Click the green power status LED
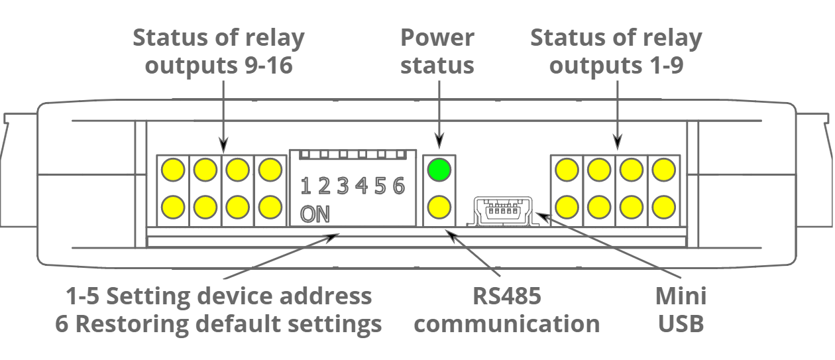click(x=438, y=170)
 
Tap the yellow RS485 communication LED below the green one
click(x=438, y=208)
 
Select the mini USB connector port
click(x=502, y=212)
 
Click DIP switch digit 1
click(x=306, y=186)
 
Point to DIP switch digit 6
click(x=398, y=186)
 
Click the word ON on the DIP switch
click(x=314, y=214)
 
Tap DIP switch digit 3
click(x=343, y=186)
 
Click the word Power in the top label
click(x=437, y=38)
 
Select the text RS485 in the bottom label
click(x=507, y=296)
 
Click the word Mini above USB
click(x=681, y=296)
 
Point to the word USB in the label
click(x=681, y=324)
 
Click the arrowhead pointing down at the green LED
click(x=438, y=141)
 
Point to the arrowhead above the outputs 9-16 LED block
click(x=223, y=144)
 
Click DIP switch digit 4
click(x=361, y=186)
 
